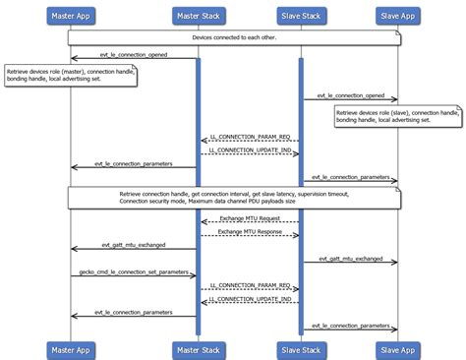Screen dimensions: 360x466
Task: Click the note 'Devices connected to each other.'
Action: coord(233,37)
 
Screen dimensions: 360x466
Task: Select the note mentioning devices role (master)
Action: coord(69,76)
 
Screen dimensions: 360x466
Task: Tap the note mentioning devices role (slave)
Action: coord(396,118)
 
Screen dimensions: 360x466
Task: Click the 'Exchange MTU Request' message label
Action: coord(250,217)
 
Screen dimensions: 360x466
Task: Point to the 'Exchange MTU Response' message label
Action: coord(250,231)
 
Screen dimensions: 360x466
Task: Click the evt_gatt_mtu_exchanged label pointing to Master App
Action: coord(133,245)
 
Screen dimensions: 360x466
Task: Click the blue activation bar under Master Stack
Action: coord(198,197)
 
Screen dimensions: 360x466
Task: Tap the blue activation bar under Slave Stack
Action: coord(301,197)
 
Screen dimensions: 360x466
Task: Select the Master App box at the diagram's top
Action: coord(71,15)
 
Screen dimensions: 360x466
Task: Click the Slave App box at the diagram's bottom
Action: coord(397,349)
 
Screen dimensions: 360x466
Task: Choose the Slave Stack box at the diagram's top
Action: coord(301,15)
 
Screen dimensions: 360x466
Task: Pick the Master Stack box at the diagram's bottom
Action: coord(199,349)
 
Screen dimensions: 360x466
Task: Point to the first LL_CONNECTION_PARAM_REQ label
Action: coord(250,137)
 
